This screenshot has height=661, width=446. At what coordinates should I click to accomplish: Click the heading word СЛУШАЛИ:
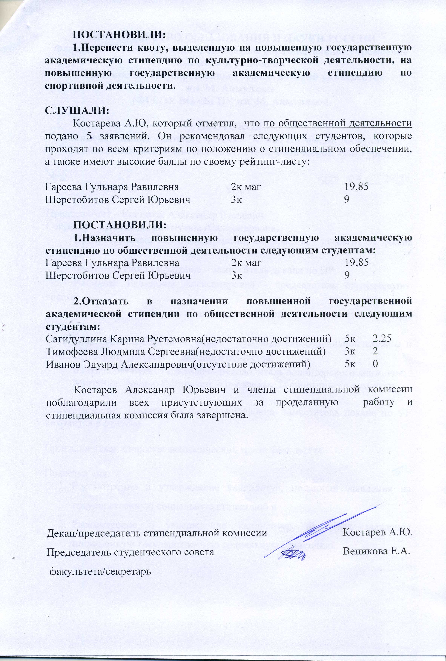(77, 110)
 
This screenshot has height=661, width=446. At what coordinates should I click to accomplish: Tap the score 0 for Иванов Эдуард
(375, 364)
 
